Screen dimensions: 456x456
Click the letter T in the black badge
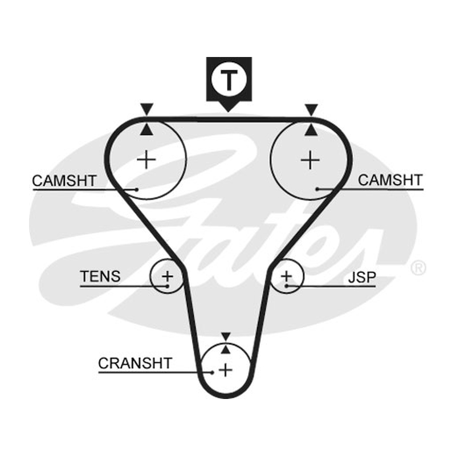[229, 80]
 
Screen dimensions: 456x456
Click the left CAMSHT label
[64, 181]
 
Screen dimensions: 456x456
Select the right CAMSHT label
[390, 180]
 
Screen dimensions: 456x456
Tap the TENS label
[100, 276]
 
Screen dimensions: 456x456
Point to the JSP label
[362, 277]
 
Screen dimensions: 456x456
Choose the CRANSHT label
[135, 363]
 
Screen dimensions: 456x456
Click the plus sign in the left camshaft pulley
[146, 160]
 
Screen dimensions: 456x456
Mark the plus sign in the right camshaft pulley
[310, 160]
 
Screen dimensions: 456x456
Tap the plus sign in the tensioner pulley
[168, 276]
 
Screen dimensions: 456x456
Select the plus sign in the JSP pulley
[287, 276]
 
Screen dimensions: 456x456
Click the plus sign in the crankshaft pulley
[226, 370]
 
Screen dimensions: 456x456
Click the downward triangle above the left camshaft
[146, 108]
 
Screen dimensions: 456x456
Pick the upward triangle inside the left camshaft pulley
[146, 129]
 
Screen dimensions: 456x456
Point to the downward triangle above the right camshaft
[311, 109]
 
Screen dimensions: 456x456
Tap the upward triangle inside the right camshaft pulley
[311, 130]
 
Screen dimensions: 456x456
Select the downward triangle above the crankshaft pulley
[226, 336]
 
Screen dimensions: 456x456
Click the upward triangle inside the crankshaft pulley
[226, 349]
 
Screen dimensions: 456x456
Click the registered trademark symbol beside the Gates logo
[418, 268]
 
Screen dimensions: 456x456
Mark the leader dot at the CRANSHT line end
[213, 372]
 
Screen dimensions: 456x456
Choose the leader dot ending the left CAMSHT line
[137, 190]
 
